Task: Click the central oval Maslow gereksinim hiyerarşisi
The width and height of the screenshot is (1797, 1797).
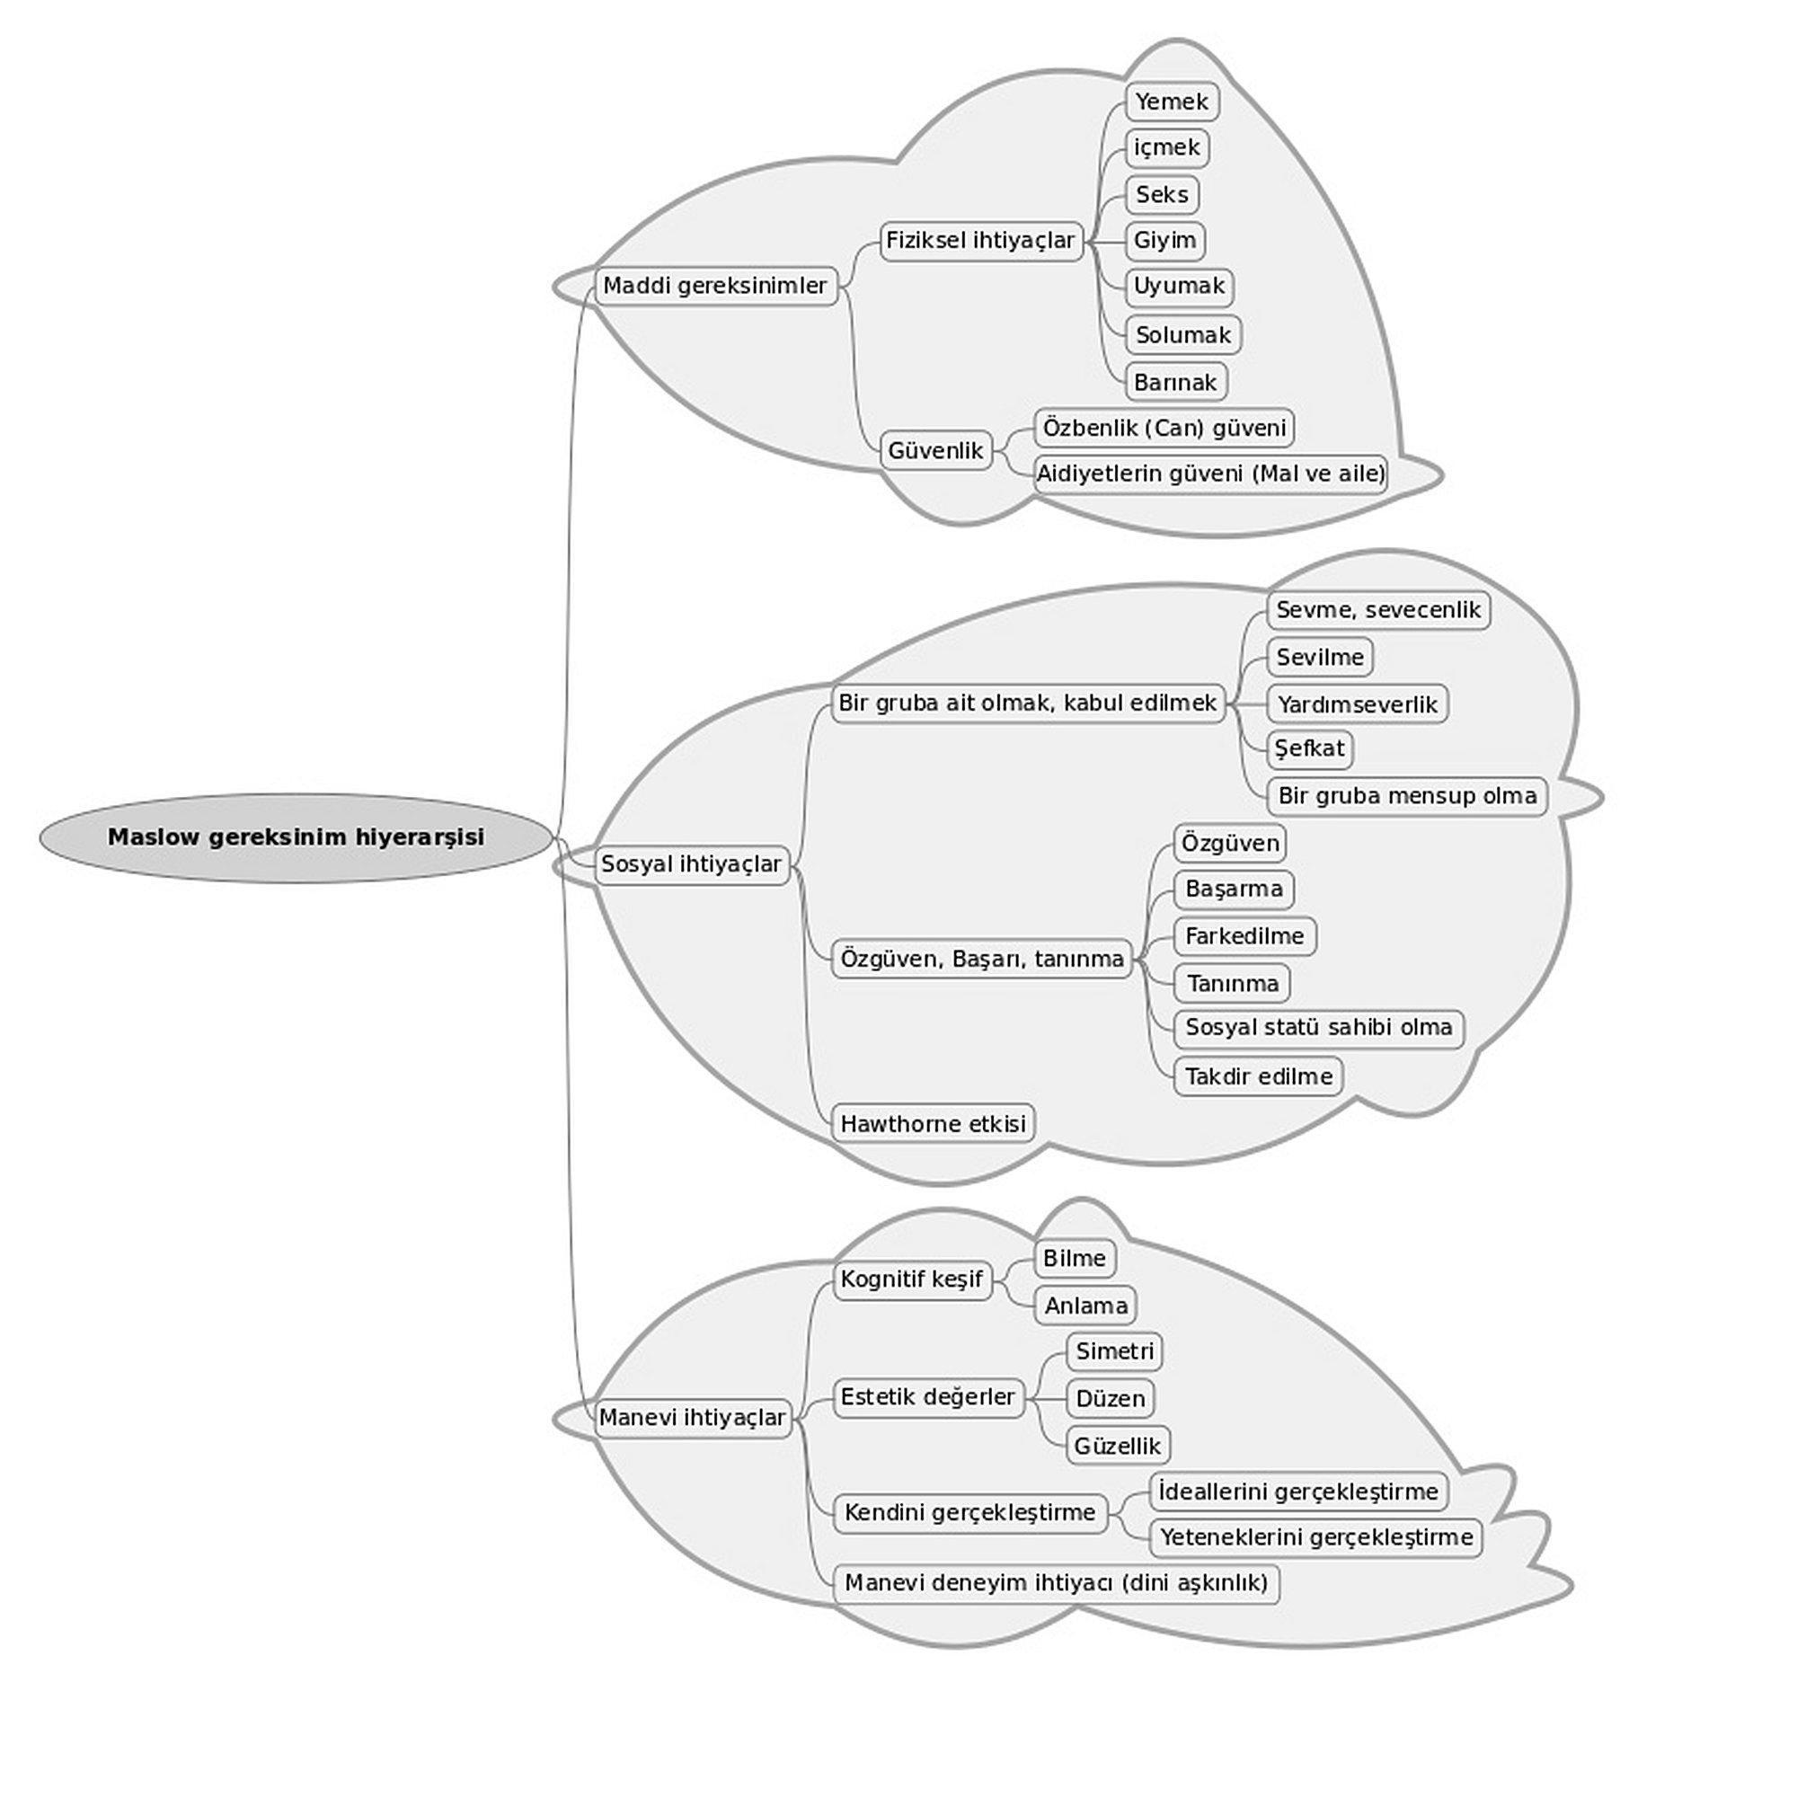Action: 296,837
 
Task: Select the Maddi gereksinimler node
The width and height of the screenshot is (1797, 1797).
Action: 715,286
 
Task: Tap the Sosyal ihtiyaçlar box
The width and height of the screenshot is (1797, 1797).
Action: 691,864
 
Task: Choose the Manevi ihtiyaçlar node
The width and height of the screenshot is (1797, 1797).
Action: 692,1418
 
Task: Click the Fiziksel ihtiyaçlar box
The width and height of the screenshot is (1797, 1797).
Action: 980,241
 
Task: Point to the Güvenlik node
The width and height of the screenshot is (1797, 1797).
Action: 935,450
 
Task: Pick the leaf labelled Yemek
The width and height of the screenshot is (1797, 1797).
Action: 1171,102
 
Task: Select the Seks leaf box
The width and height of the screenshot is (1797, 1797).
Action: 1162,194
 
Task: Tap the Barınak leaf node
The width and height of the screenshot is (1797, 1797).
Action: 1175,381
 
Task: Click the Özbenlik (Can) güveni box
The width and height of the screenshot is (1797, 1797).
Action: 1164,428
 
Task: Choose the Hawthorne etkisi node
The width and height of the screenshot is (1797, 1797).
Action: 933,1124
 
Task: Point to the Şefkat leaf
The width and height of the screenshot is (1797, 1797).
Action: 1310,748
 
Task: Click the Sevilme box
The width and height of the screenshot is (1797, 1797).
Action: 1320,658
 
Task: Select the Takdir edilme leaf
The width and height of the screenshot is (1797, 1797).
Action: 1259,1076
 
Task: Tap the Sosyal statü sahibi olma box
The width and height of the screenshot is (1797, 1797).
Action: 1318,1028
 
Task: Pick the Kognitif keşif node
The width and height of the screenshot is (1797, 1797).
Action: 911,1279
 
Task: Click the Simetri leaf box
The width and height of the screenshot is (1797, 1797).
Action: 1114,1350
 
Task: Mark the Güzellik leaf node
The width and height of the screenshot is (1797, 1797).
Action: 1117,1446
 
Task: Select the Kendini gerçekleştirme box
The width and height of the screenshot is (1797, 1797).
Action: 970,1512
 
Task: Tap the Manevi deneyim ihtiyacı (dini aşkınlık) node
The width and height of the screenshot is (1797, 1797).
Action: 1056,1582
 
